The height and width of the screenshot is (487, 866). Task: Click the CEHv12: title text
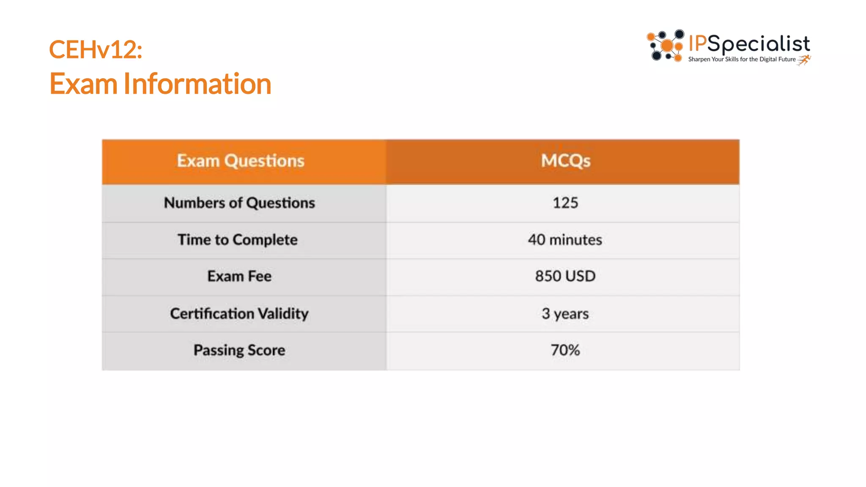coord(96,49)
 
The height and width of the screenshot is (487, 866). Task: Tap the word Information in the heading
coord(197,84)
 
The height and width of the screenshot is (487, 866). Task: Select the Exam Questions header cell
coord(241,161)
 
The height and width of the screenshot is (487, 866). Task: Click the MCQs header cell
coord(565,161)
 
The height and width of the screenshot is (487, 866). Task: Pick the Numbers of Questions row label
coord(239,203)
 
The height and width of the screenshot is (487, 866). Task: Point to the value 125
coord(565,203)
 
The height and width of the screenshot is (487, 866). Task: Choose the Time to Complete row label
coord(237,240)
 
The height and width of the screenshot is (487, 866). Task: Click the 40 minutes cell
coord(565,240)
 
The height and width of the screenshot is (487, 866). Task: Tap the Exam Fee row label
coord(239,276)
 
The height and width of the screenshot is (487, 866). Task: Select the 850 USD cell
coord(565,276)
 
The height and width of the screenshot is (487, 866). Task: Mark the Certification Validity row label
coord(239,314)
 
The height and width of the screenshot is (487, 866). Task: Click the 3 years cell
coord(565,314)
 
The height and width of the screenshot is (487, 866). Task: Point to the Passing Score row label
coord(239,350)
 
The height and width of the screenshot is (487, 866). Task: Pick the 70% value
coord(565,350)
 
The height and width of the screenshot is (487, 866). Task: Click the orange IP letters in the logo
coord(698,44)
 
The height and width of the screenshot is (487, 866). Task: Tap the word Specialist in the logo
coord(759,44)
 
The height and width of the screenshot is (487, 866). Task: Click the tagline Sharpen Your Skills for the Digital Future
coord(742,60)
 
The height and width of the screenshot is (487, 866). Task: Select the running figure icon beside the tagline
coord(804,60)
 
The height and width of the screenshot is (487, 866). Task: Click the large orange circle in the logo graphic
coord(667,46)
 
